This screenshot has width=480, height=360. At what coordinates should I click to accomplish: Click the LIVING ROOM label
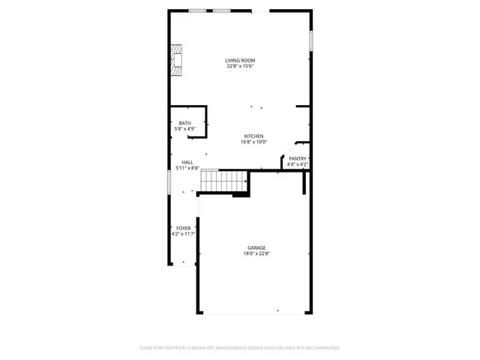(x=240, y=61)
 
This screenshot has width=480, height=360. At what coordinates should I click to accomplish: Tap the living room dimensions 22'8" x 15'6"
(x=240, y=67)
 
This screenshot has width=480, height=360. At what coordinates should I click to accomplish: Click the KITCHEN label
(x=253, y=136)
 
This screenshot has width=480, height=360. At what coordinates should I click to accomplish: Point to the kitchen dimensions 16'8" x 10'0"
(x=253, y=142)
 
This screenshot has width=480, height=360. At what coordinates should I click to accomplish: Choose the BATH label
(x=184, y=123)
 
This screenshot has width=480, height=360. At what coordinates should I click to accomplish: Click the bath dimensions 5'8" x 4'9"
(x=184, y=129)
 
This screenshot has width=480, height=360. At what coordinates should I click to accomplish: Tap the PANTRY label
(x=298, y=158)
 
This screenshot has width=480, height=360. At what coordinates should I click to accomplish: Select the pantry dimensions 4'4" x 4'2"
(x=298, y=164)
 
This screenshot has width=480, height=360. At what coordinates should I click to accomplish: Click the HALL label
(x=187, y=162)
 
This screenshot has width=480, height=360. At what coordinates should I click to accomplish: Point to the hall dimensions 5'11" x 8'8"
(x=187, y=168)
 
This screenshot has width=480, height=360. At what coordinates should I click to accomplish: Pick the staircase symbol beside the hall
(x=224, y=181)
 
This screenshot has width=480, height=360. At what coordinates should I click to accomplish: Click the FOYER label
(x=183, y=228)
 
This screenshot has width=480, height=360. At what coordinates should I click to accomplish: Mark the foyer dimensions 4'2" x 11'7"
(x=183, y=234)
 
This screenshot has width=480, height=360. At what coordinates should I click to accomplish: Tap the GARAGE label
(x=257, y=247)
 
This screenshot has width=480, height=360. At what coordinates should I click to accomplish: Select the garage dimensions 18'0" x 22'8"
(x=257, y=253)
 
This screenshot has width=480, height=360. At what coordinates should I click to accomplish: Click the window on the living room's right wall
(x=310, y=40)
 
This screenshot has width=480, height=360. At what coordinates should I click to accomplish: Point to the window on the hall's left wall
(x=168, y=182)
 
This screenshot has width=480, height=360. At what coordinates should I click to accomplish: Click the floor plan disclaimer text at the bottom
(x=240, y=348)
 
